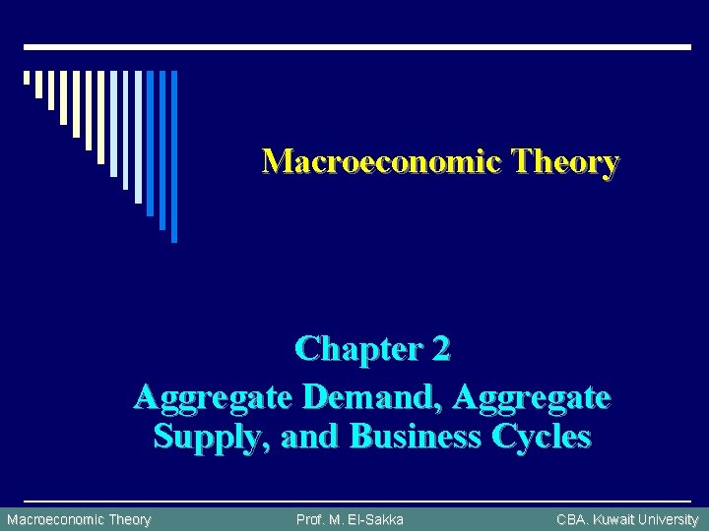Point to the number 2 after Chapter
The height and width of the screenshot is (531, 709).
point(440,348)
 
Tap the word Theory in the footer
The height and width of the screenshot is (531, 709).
point(130,519)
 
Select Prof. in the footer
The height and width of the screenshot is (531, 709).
point(312,519)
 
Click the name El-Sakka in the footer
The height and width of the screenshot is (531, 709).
point(375,519)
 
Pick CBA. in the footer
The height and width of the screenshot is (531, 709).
point(573,519)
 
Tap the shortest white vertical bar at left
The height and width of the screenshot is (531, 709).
point(27,78)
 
